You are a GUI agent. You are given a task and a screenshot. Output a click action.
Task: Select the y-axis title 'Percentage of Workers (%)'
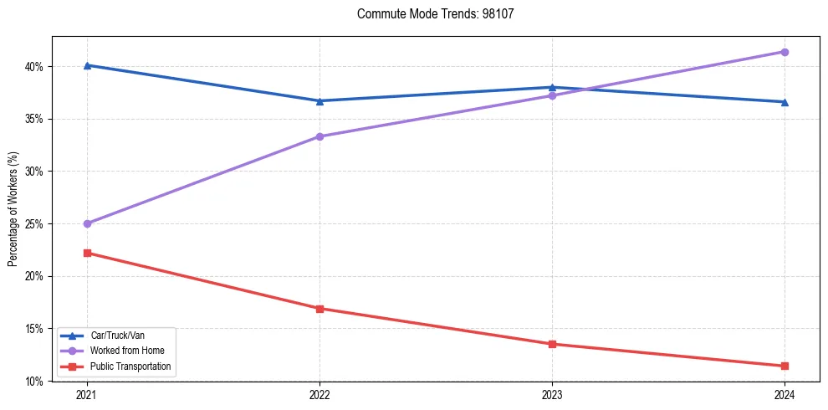click(x=13, y=209)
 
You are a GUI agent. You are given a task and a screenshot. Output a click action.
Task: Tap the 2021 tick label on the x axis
click(x=87, y=394)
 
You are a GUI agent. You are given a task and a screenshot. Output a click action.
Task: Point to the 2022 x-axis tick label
click(x=319, y=394)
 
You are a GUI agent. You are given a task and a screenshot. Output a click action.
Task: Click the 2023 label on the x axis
click(x=552, y=394)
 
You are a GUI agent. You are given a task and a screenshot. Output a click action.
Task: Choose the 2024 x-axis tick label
click(x=785, y=394)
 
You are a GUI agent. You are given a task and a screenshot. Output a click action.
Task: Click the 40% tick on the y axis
click(x=34, y=67)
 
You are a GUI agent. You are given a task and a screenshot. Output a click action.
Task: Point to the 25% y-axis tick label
click(x=34, y=224)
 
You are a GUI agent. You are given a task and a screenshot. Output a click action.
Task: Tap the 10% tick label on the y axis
click(x=34, y=382)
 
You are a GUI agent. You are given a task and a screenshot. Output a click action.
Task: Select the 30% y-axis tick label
click(x=34, y=172)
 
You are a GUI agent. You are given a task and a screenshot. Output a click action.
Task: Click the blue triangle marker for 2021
click(x=87, y=65)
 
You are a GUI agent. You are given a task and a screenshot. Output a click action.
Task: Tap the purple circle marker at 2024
click(x=785, y=52)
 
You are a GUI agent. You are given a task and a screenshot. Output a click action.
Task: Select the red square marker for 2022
click(x=319, y=309)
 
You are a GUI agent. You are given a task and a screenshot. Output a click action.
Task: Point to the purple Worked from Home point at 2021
click(x=87, y=223)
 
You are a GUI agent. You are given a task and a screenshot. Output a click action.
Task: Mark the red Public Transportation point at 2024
click(x=785, y=366)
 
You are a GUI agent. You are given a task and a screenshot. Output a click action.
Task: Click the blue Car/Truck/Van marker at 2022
click(x=319, y=100)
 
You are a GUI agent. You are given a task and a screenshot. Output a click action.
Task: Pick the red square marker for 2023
click(x=552, y=344)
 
